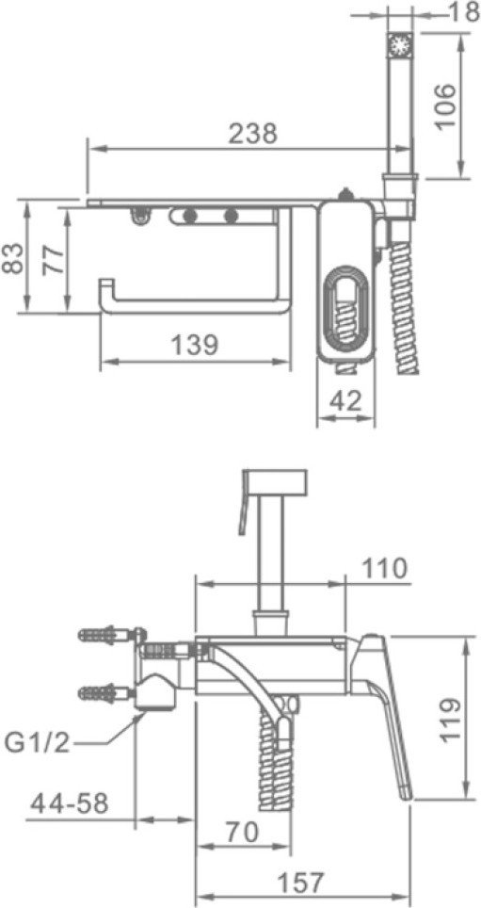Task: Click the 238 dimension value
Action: [253, 134]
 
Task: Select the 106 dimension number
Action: [444, 107]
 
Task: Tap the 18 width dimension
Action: [465, 13]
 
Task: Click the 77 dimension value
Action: [53, 260]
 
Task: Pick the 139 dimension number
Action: [195, 346]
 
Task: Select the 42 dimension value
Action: [345, 400]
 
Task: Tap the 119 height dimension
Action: [449, 720]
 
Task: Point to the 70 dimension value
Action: [241, 833]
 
